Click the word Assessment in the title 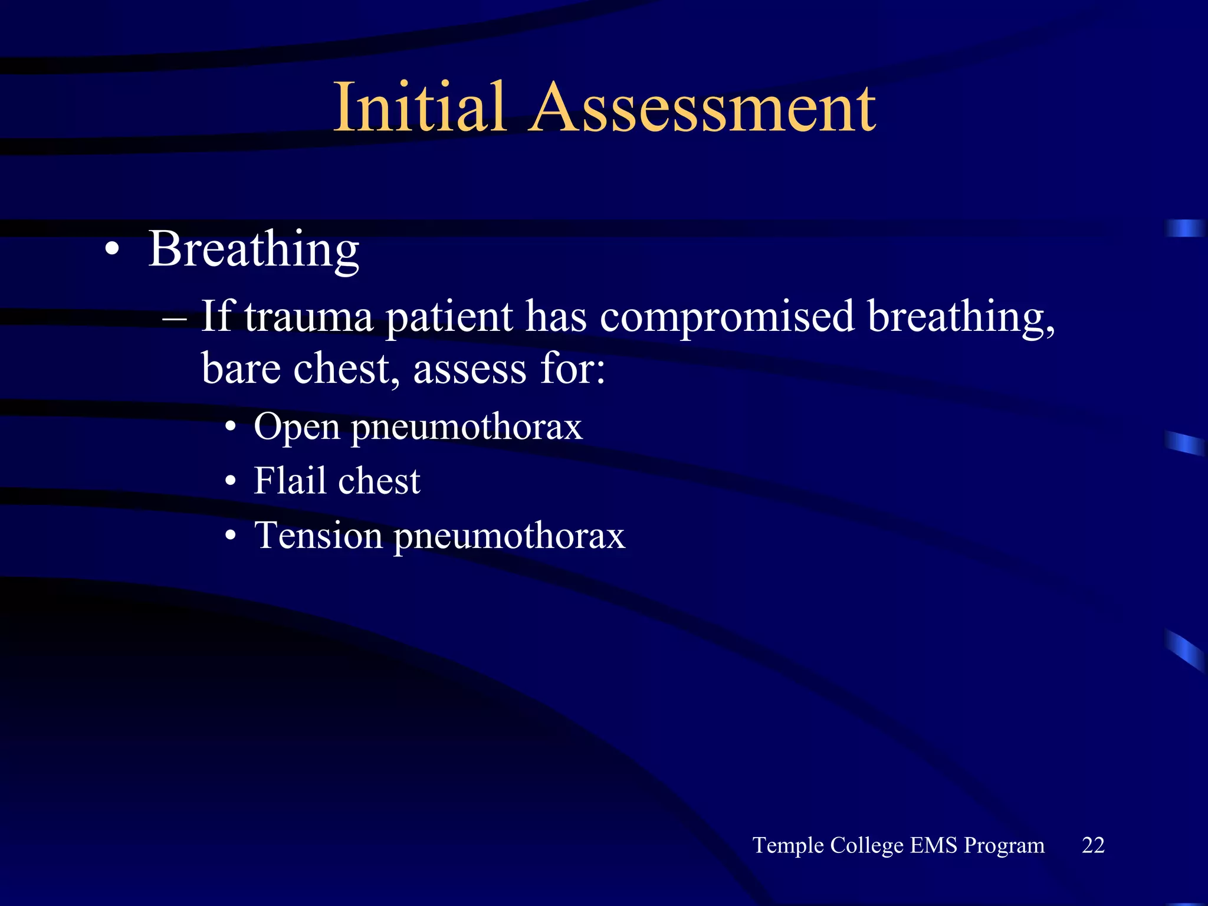[702, 108]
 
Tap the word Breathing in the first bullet [254, 250]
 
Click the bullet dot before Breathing [112, 250]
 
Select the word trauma [308, 317]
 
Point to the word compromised [727, 317]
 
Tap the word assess [470, 369]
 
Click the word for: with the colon [573, 369]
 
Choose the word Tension [318, 536]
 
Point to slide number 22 [1092, 845]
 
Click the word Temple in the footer [788, 846]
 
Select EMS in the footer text [934, 845]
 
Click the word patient [449, 317]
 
